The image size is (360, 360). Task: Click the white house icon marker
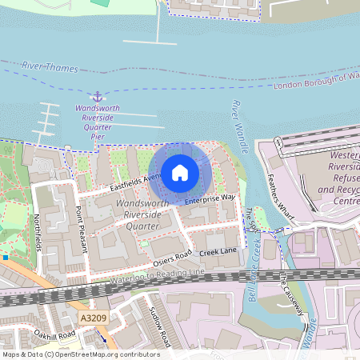coord(179,172)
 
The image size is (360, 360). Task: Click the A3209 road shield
coord(93,318)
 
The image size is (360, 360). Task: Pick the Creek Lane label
coord(218,252)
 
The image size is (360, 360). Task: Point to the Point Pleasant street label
coord(80,228)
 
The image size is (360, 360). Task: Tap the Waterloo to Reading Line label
coord(152,278)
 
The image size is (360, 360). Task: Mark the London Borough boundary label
coord(316,81)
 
